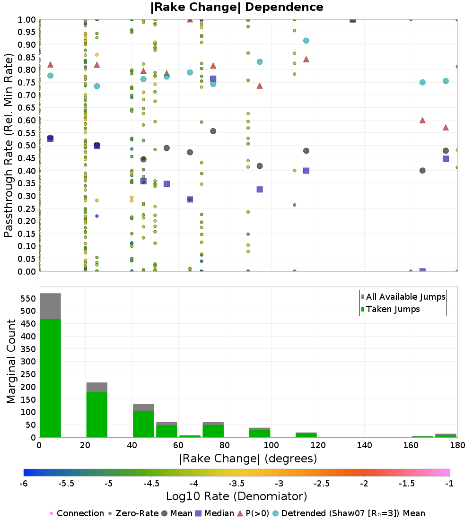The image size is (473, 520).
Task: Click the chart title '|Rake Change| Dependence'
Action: (236, 7)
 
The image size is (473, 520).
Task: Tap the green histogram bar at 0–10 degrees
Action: (51, 378)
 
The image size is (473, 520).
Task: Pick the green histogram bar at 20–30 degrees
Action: (97, 415)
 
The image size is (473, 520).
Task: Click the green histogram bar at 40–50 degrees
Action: (143, 424)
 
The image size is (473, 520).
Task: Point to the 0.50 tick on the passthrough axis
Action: (26, 146)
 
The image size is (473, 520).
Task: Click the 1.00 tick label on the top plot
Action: (26, 19)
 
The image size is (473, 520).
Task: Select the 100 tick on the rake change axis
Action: (272, 445)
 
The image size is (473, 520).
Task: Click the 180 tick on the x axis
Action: (457, 445)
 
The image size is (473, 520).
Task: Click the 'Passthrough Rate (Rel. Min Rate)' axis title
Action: (9, 145)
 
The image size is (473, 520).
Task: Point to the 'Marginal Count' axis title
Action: (11, 362)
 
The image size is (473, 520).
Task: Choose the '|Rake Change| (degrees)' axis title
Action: (248, 459)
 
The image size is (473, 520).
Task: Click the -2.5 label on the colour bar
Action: (322, 484)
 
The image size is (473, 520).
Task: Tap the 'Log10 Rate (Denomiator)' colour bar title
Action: (236, 496)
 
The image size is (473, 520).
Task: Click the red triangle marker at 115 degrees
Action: (307, 60)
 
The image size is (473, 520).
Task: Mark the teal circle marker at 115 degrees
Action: (307, 41)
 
